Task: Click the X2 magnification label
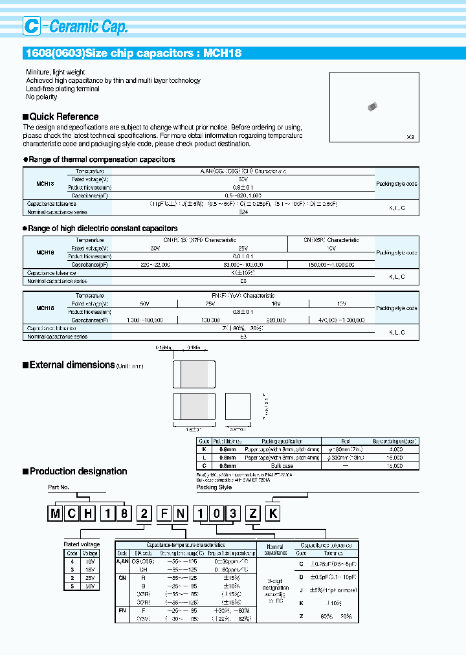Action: click(410, 137)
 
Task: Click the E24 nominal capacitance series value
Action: click(225, 212)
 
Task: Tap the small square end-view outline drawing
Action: click(238, 408)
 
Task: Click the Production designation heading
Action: click(78, 471)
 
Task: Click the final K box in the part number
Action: click(274, 515)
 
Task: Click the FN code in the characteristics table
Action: click(122, 610)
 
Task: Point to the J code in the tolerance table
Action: click(301, 589)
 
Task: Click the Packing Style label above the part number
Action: click(214, 487)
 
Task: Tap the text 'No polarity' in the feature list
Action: click(41, 97)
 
